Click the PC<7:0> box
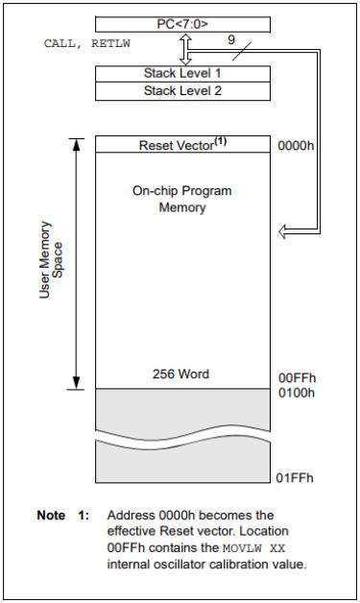pos(182,23)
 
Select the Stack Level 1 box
pos(182,73)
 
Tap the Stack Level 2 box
pos(182,90)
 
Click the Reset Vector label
pos(182,144)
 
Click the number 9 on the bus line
pos(231,40)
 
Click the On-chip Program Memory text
pos(182,199)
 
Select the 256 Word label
pos(181,374)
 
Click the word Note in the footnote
pos(52,516)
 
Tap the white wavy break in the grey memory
pos(182,437)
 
